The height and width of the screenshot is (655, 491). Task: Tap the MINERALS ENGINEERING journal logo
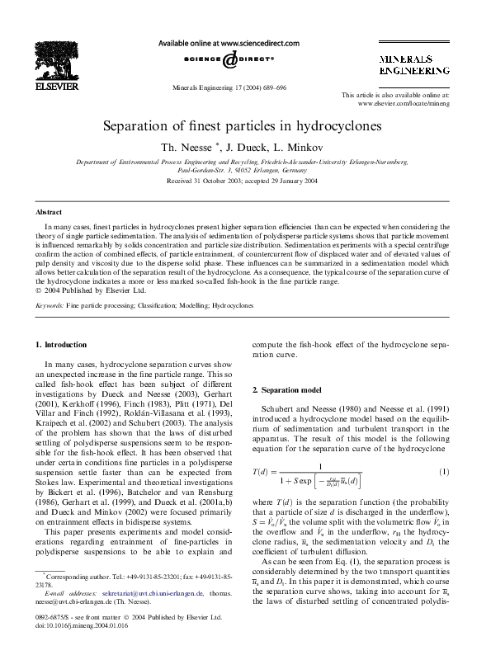click(413, 66)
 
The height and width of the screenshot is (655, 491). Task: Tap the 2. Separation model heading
click(288, 388)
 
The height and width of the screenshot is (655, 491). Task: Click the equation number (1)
click(443, 472)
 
